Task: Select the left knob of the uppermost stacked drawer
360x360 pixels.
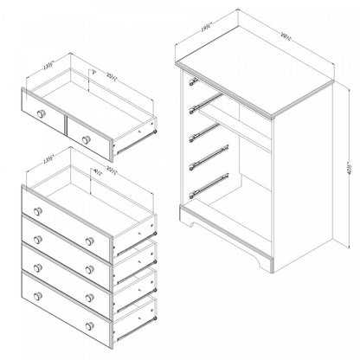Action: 37,212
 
